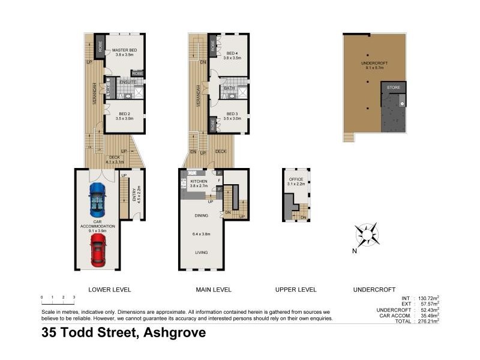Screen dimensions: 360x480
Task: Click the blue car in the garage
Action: pyautogui.click(x=97, y=199)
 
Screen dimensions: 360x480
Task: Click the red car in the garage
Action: pyautogui.click(x=98, y=250)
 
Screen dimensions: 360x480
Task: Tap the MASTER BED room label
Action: pyautogui.click(x=124, y=50)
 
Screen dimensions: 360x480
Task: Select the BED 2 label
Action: pyautogui.click(x=125, y=113)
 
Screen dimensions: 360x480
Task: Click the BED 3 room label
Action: pyautogui.click(x=232, y=113)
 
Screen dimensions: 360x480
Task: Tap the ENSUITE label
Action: pyautogui.click(x=127, y=82)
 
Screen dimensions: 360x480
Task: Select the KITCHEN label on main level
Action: pyautogui.click(x=199, y=181)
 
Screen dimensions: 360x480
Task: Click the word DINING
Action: pyautogui.click(x=201, y=215)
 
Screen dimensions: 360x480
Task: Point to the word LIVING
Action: pyautogui.click(x=201, y=253)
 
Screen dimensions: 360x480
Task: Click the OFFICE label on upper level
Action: pyautogui.click(x=297, y=179)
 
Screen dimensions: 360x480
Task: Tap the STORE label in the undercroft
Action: pyautogui.click(x=393, y=88)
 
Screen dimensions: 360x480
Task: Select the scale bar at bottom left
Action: pyautogui.click(x=58, y=298)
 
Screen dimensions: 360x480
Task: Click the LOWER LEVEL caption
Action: pyautogui.click(x=109, y=290)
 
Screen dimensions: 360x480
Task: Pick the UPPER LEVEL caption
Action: pyautogui.click(x=295, y=290)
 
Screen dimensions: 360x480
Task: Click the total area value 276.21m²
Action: pyautogui.click(x=428, y=321)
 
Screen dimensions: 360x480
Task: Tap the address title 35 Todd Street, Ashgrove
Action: pyautogui.click(x=124, y=333)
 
